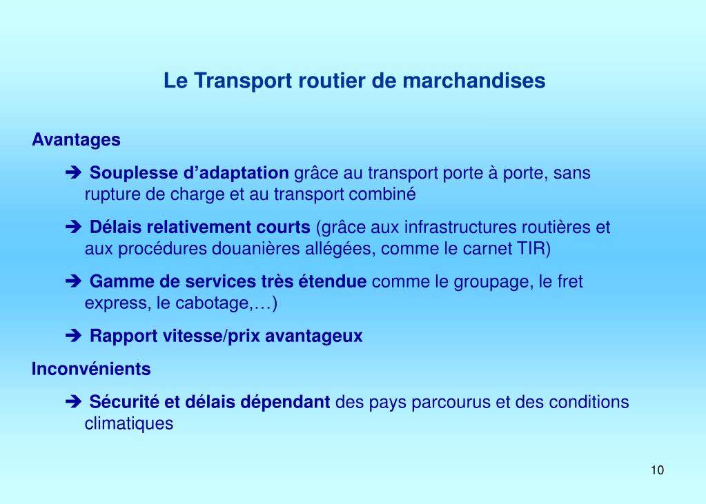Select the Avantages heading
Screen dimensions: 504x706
pos(76,140)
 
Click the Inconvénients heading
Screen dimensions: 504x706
pos(91,370)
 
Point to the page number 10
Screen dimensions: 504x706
pos(656,470)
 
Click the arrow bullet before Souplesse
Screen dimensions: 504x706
pos(75,173)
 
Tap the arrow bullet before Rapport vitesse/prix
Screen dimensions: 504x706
pos(75,336)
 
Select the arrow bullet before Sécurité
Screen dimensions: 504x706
pos(75,403)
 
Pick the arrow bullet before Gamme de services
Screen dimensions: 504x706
pos(75,282)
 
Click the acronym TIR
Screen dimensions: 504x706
pos(533,249)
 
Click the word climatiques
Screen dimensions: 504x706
pos(129,423)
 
